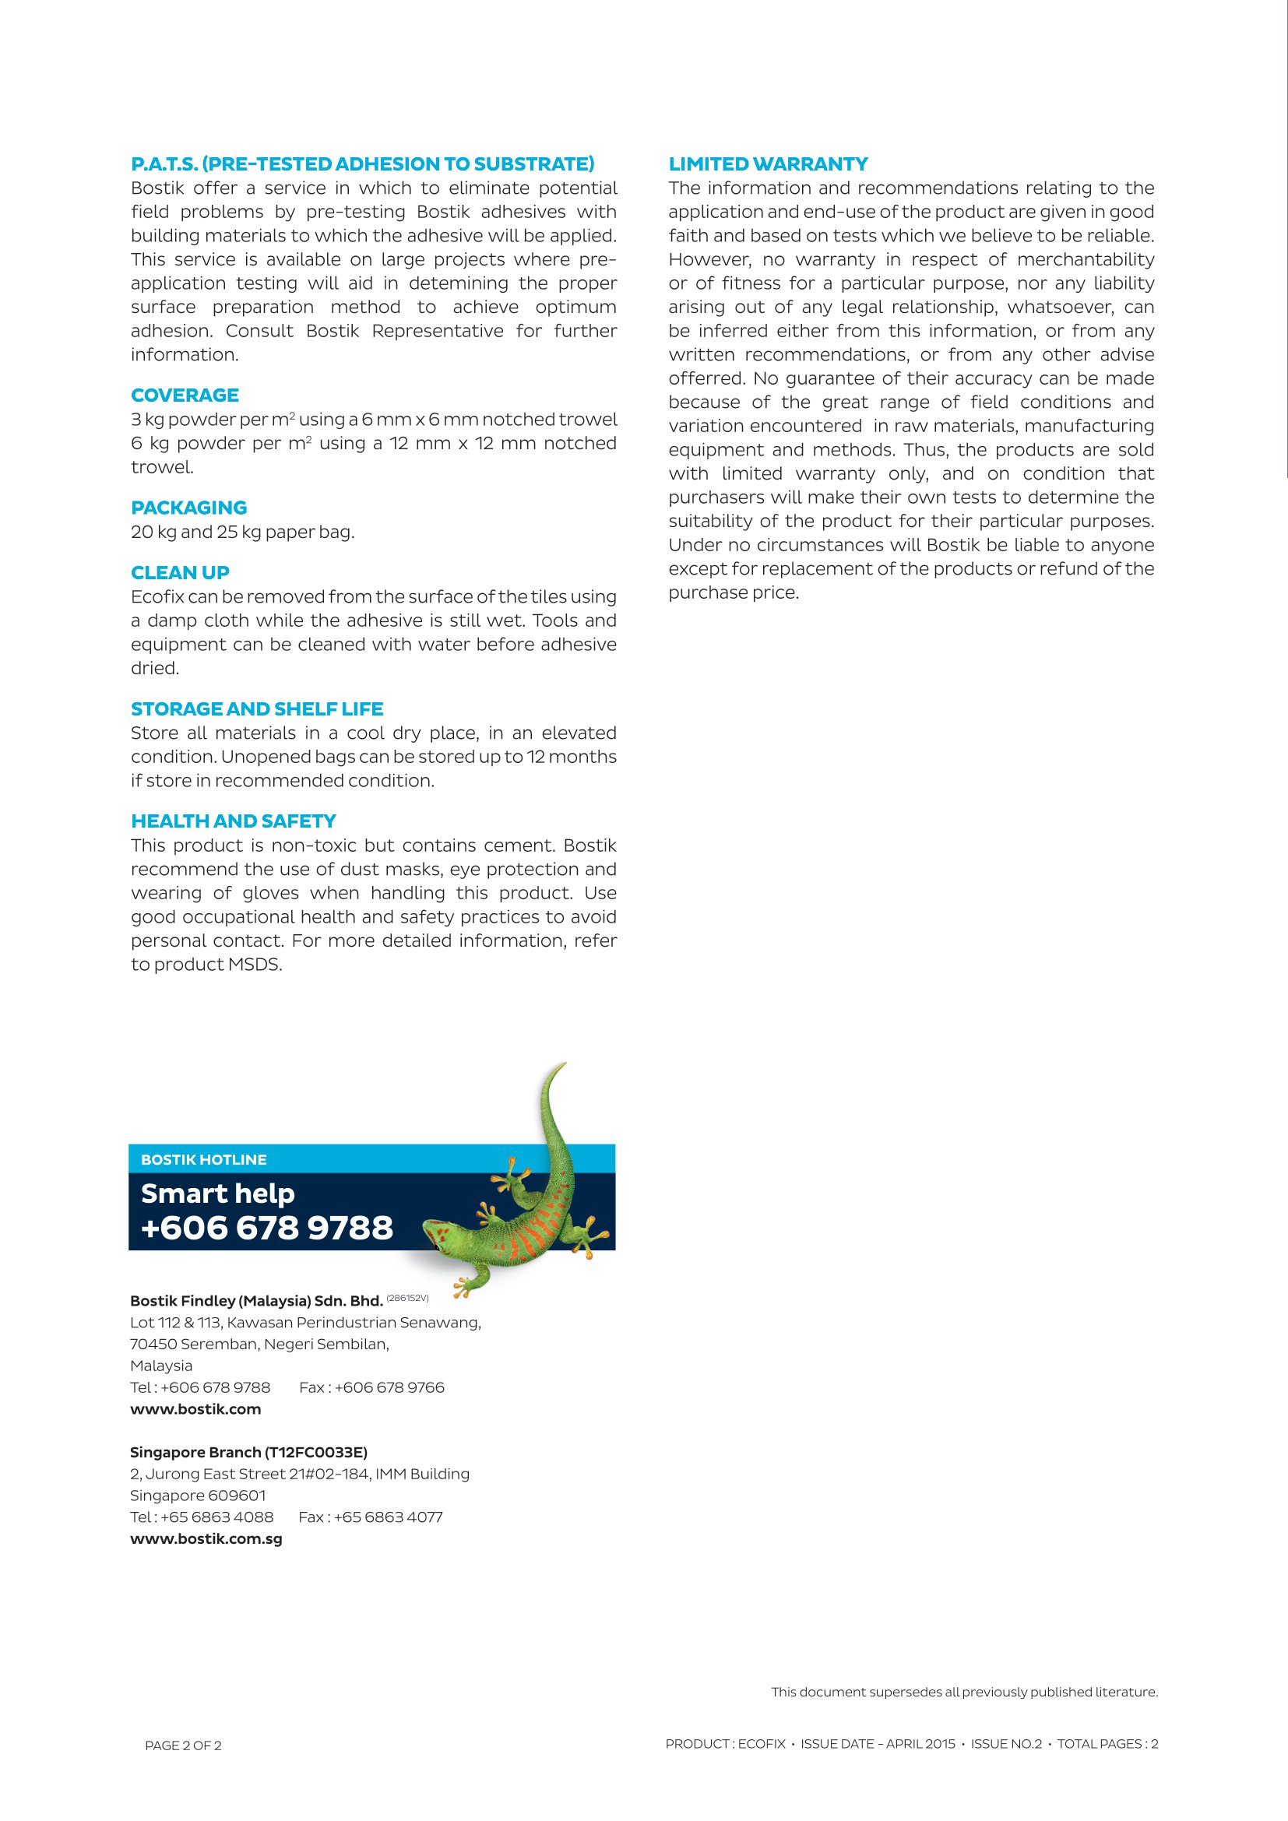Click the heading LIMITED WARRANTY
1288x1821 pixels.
pyautogui.click(x=768, y=164)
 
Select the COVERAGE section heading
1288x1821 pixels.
pyautogui.click(x=185, y=395)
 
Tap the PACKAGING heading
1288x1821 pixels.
pyautogui.click(x=188, y=508)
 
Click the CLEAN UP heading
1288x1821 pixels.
pyautogui.click(x=180, y=573)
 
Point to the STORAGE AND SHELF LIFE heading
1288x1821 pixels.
pyautogui.click(x=257, y=709)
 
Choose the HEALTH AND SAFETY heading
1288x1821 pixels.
pyautogui.click(x=233, y=821)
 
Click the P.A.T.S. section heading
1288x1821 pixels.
pyautogui.click(x=362, y=164)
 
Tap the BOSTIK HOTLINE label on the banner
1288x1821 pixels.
pyautogui.click(x=204, y=1159)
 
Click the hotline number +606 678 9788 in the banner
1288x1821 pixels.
pyautogui.click(x=266, y=1228)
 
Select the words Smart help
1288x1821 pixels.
pyautogui.click(x=218, y=1193)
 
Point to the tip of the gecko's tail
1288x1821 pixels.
pyautogui.click(x=562, y=1063)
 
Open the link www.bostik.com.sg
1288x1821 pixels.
pyautogui.click(x=206, y=1538)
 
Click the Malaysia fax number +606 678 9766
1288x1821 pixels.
pyautogui.click(x=389, y=1387)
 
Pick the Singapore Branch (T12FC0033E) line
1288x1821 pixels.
pyautogui.click(x=248, y=1452)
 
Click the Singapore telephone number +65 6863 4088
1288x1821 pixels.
pyautogui.click(x=216, y=1517)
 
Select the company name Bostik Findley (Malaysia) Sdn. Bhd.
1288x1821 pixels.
pyautogui.click(x=256, y=1301)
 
